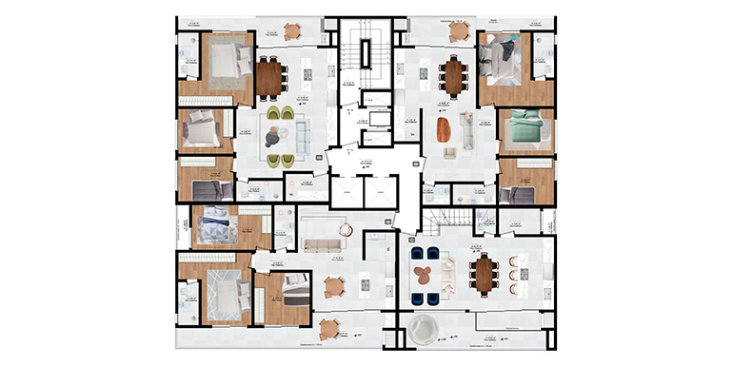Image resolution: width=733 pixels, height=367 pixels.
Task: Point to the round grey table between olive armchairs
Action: point(275,135)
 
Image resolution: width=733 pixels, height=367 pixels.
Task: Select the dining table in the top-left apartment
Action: point(271,75)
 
